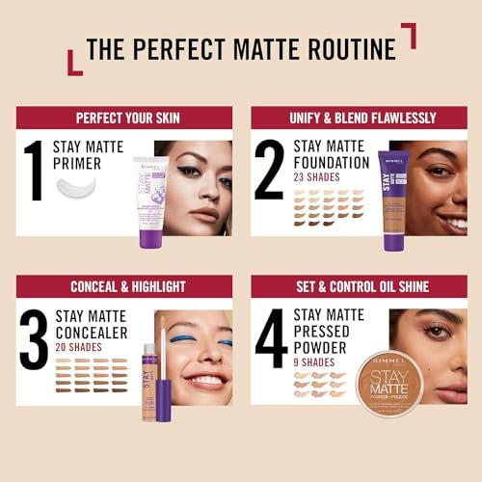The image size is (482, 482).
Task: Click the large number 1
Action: click(x=36, y=171)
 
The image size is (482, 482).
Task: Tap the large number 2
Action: click(x=270, y=171)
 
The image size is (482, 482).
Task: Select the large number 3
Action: click(x=35, y=337)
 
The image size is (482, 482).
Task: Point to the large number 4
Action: click(x=270, y=337)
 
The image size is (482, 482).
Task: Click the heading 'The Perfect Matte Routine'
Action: click(x=240, y=48)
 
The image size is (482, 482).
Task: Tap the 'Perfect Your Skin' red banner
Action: click(x=123, y=119)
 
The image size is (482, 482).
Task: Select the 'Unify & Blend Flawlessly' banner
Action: click(x=359, y=119)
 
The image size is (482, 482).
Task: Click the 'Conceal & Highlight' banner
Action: click(x=123, y=286)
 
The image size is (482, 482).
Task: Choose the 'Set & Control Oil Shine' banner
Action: click(x=359, y=286)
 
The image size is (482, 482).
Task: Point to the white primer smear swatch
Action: click(x=76, y=186)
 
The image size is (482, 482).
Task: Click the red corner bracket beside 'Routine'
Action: click(x=409, y=35)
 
